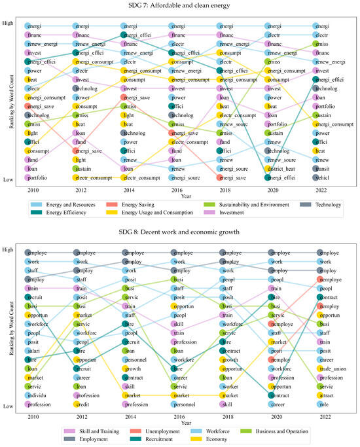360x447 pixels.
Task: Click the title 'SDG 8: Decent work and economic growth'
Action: click(180, 231)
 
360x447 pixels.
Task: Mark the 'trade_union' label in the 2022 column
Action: click(331, 368)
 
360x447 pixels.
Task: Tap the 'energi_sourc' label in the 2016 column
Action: click(187, 177)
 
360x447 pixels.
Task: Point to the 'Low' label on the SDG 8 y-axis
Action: click(13, 406)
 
